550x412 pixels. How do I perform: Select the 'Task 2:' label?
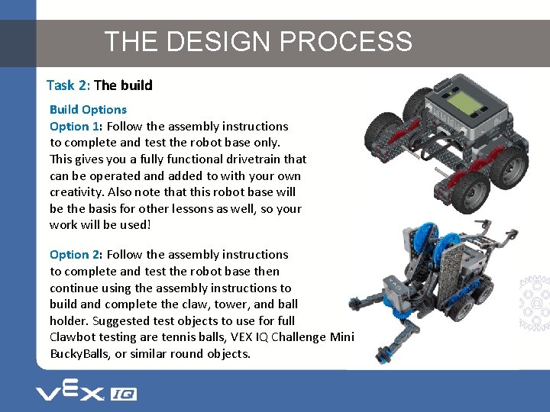tap(68, 85)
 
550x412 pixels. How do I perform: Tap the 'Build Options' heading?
tap(88, 110)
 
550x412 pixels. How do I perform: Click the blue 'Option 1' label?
tap(75, 126)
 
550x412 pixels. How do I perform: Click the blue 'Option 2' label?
tap(75, 254)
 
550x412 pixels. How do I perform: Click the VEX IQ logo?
tap(86, 393)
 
